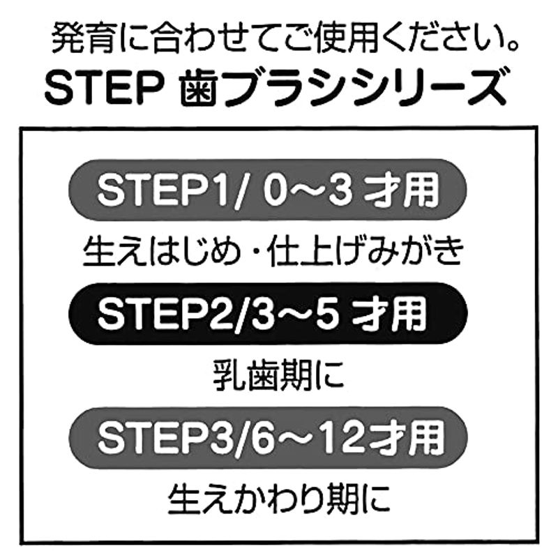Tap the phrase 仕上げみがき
[x=367, y=252]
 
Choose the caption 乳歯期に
[x=278, y=376]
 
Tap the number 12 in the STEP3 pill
[x=343, y=437]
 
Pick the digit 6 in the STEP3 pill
[x=261, y=437]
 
